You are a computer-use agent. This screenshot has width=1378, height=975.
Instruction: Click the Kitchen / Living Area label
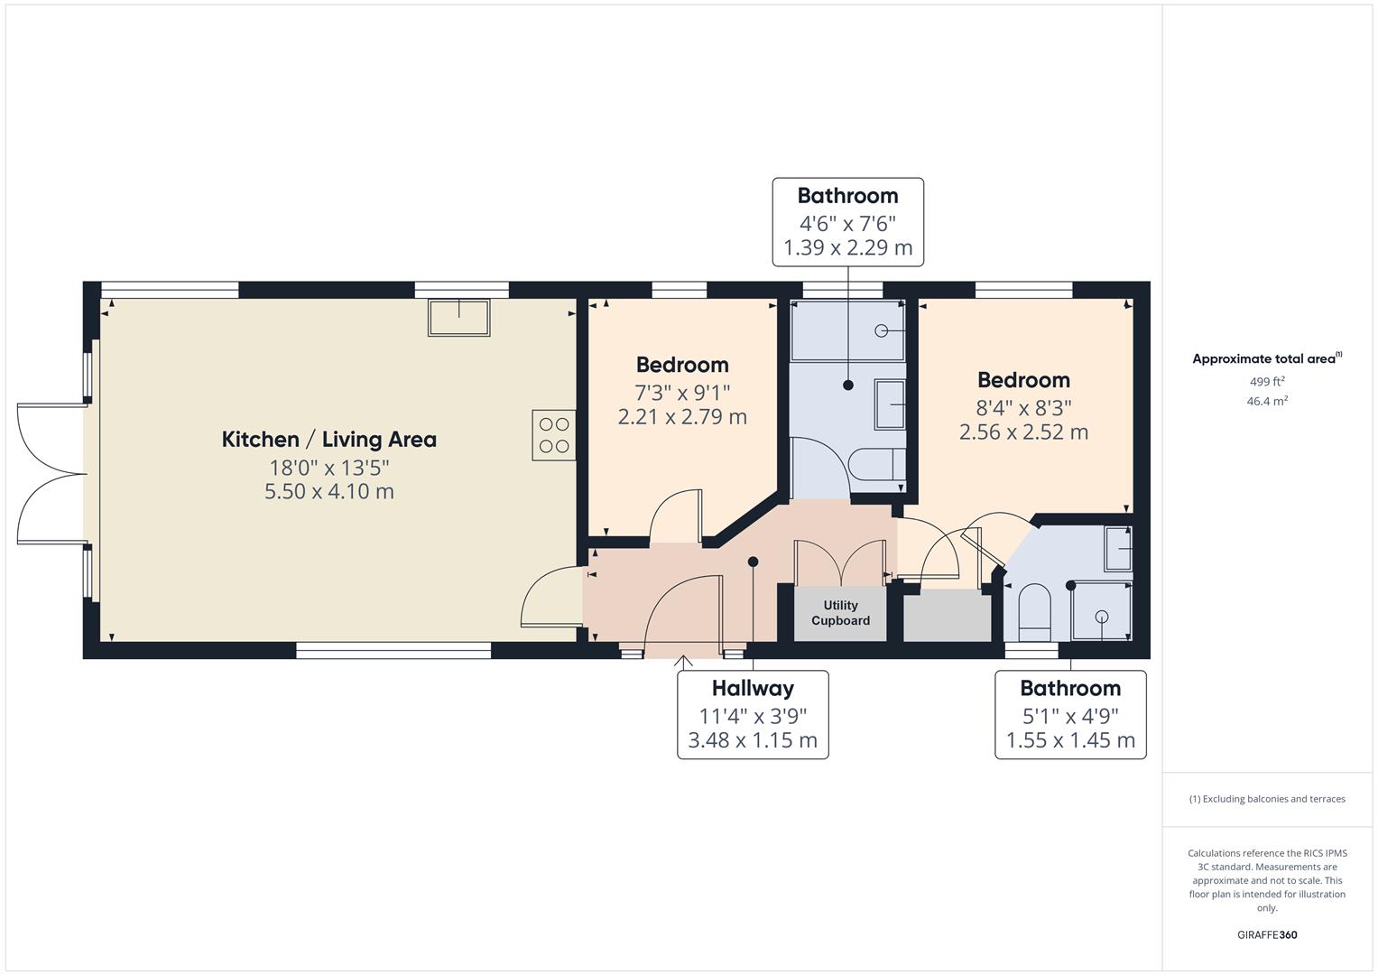(x=329, y=440)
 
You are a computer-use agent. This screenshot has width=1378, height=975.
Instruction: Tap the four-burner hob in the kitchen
(x=554, y=435)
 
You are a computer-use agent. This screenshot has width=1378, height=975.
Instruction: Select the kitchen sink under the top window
(x=459, y=318)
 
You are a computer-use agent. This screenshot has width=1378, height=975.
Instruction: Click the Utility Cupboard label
(x=840, y=613)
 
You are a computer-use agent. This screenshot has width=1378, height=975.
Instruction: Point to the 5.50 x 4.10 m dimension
(x=329, y=492)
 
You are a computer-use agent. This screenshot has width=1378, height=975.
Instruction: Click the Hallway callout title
(x=753, y=688)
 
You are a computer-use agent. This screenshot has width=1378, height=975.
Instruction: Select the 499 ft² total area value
(x=1267, y=382)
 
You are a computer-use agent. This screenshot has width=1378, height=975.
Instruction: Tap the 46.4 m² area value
(x=1267, y=402)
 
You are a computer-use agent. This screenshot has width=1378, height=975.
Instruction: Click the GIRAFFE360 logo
(x=1267, y=935)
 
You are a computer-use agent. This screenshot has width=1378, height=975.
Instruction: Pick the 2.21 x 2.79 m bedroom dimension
(x=682, y=417)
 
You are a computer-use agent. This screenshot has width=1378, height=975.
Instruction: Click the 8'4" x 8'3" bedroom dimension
(x=1023, y=407)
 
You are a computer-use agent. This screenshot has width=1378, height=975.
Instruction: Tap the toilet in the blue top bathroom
(x=876, y=465)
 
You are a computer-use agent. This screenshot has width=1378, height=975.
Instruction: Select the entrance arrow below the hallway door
(x=683, y=662)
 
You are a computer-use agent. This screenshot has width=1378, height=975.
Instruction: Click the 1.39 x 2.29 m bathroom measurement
(x=847, y=247)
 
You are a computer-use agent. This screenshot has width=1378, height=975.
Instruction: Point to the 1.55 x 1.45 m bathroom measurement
(x=1070, y=740)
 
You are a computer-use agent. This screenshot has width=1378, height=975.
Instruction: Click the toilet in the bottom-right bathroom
(x=1035, y=612)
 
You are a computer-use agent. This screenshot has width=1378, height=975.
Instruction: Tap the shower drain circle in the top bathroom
(x=881, y=331)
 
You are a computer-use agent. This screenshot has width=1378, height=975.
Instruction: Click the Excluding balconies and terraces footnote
(x=1267, y=799)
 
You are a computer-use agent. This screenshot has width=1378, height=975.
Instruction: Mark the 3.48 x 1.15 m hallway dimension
(x=753, y=740)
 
